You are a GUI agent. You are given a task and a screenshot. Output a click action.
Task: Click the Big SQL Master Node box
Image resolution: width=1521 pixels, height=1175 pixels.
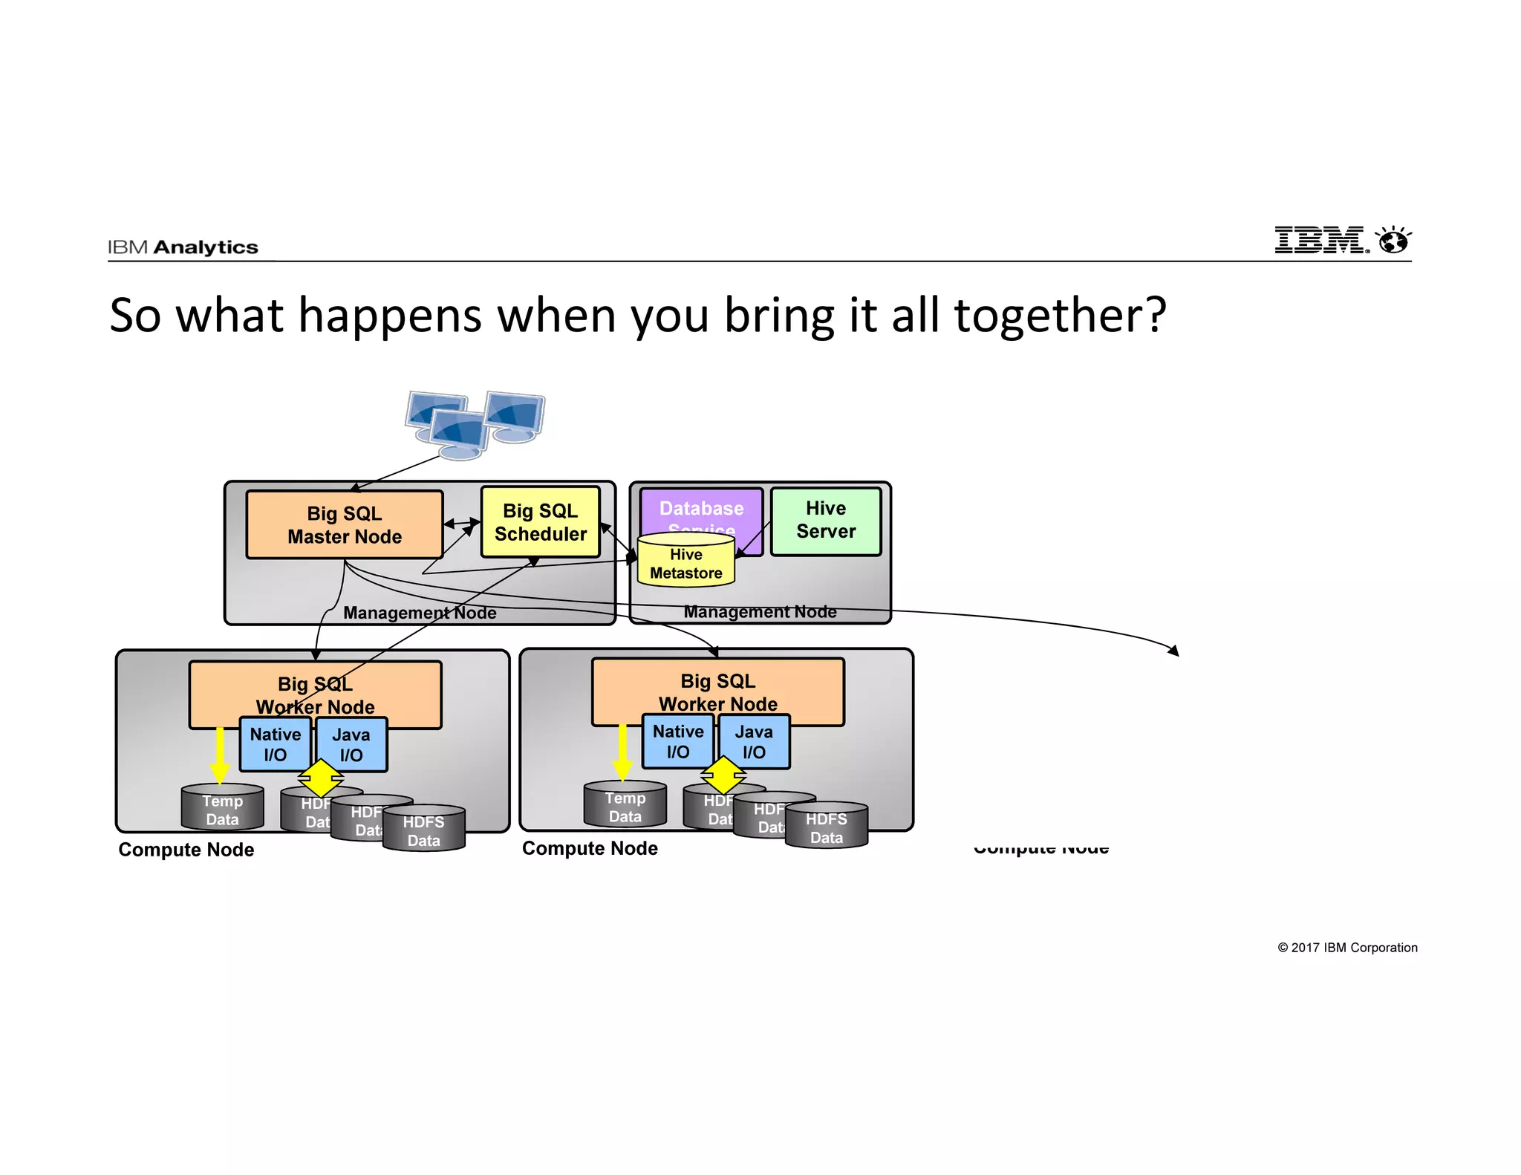(x=345, y=524)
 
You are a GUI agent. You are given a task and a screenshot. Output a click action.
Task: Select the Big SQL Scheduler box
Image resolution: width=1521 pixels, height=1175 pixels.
(x=540, y=522)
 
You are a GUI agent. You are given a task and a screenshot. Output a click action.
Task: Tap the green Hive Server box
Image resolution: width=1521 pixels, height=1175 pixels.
(x=826, y=521)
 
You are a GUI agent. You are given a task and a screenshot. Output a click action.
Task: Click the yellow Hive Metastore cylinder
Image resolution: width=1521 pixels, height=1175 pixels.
(x=685, y=564)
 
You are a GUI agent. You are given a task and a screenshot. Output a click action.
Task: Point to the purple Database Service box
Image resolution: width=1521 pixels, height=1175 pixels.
(x=701, y=509)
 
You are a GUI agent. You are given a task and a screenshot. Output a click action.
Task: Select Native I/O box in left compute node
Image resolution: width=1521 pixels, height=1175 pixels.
(x=275, y=744)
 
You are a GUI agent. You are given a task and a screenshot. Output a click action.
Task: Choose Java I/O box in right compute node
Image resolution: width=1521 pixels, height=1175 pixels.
(x=754, y=741)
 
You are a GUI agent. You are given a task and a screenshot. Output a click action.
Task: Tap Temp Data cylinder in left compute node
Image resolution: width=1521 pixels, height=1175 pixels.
(x=222, y=809)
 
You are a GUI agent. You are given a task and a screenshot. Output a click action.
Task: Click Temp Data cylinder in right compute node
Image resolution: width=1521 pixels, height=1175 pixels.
(x=625, y=806)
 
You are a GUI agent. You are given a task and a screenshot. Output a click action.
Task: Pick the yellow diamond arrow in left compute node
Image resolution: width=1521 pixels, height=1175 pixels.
(x=320, y=778)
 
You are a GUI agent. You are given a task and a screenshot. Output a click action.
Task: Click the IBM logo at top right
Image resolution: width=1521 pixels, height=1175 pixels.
(x=1341, y=240)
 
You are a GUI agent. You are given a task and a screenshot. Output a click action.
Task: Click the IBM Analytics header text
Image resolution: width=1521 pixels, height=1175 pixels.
(x=183, y=247)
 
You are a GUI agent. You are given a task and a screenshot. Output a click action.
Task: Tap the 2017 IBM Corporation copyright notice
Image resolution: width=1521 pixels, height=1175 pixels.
(x=1347, y=948)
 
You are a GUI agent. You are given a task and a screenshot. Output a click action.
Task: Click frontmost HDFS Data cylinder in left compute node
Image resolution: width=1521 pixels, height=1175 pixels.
(x=423, y=830)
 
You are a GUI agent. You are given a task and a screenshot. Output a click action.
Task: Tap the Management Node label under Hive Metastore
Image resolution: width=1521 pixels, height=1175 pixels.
(x=760, y=611)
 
